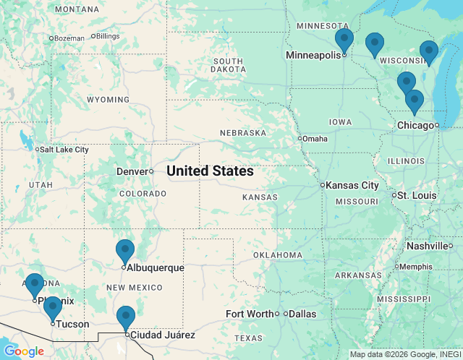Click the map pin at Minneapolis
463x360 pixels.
[344, 40]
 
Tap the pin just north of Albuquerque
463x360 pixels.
[125, 251]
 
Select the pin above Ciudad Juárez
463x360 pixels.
[126, 317]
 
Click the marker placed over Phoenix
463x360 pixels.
[35, 285]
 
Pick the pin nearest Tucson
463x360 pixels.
[52, 308]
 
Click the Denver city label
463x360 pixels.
[132, 171]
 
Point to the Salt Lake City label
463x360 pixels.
[64, 150]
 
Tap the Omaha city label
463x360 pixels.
[315, 139]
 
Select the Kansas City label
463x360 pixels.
[352, 186]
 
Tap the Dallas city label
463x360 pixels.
[301, 314]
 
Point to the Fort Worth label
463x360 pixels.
[249, 314]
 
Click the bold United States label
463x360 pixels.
[210, 171]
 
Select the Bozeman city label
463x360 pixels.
[69, 38]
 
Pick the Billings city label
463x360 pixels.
[107, 36]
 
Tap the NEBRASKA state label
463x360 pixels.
[243, 133]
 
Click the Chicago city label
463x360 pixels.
[415, 126]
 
